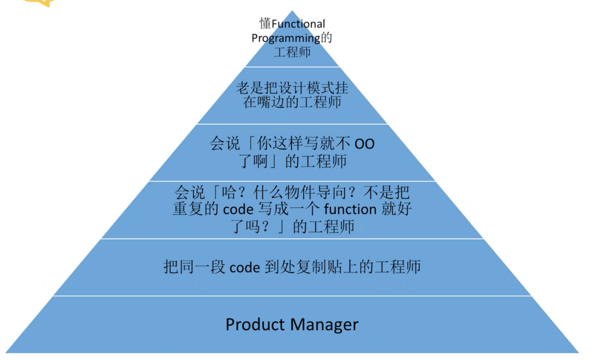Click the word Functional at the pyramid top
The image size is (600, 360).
[299, 24]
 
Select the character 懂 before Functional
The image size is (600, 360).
[265, 23]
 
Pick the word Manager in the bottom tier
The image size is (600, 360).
[326, 324]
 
